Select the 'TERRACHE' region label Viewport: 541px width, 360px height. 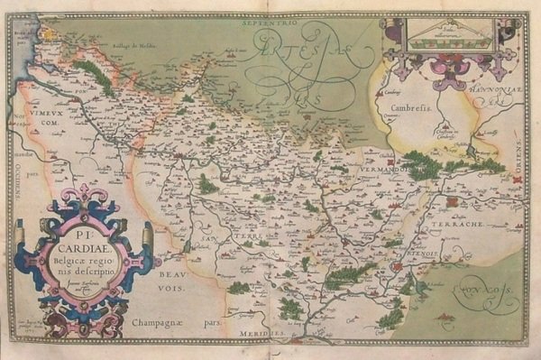coord(463,222)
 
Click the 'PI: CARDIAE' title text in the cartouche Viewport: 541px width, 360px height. coord(82,240)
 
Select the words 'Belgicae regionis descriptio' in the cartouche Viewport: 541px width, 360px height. coord(82,261)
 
